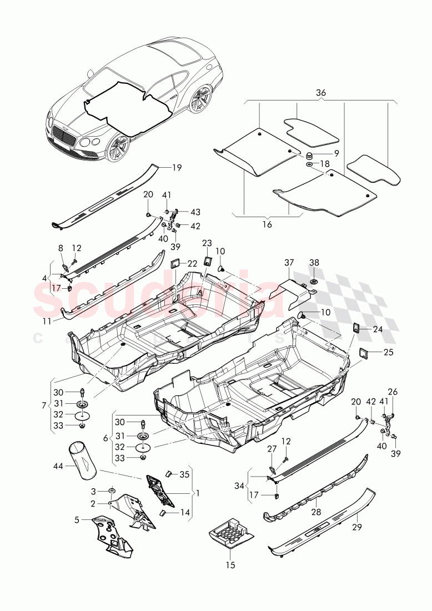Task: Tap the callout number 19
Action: click(177, 167)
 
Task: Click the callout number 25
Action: click(387, 352)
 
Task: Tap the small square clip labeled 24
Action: click(357, 328)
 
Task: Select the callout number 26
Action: click(393, 391)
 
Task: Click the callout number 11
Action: click(46, 321)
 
